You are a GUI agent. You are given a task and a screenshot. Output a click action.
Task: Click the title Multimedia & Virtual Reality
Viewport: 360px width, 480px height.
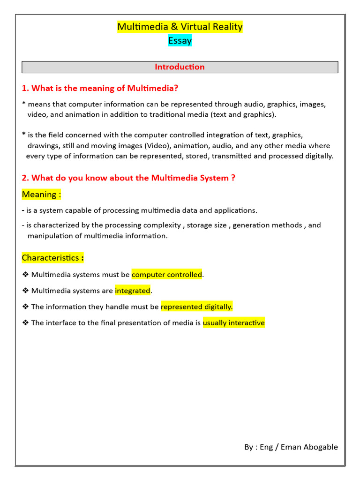180,27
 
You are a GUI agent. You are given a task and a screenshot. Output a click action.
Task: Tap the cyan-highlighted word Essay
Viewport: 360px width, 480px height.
180,41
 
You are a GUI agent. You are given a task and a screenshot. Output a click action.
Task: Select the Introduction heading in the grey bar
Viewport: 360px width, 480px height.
180,67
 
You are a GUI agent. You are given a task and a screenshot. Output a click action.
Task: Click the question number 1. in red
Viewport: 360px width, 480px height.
26,88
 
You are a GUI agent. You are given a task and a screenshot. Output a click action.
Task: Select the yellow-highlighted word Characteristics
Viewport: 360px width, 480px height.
51,258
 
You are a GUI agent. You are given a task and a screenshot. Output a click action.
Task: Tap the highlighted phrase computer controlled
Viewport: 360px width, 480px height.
167,275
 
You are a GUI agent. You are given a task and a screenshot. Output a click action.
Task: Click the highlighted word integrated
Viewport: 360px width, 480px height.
133,291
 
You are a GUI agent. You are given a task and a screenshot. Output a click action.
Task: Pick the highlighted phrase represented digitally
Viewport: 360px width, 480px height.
196,307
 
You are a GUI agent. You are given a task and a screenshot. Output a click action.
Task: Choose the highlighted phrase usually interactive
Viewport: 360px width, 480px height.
234,322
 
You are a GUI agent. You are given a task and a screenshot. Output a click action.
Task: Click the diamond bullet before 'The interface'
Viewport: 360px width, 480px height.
25,322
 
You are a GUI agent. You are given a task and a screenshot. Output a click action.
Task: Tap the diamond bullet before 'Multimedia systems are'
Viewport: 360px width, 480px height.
25,291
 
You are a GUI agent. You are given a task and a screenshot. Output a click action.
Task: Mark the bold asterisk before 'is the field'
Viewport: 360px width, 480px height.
24,135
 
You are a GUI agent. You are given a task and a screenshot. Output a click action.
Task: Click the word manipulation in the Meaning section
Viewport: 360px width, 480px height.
49,236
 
